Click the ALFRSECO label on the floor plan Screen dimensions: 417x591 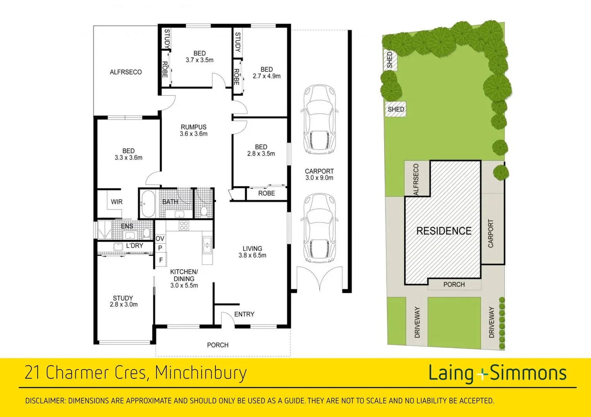click(x=126, y=72)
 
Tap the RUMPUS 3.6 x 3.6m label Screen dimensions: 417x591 click(x=193, y=131)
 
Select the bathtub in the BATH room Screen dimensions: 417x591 click(x=147, y=203)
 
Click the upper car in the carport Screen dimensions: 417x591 click(x=319, y=120)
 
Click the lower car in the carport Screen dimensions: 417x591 click(x=319, y=228)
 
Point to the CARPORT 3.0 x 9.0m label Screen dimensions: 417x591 click(x=319, y=175)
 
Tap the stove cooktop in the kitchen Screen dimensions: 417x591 click(x=184, y=225)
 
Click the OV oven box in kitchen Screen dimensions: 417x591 click(x=160, y=239)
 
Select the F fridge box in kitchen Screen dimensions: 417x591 click(x=161, y=260)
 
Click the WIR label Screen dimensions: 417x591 click(x=116, y=202)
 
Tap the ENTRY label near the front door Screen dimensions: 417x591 click(x=244, y=314)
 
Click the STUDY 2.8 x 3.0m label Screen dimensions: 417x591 click(x=123, y=301)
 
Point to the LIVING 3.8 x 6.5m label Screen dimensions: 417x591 click(x=252, y=252)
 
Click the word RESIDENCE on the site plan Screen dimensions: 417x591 click(x=444, y=231)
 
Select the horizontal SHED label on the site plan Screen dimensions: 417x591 click(x=396, y=109)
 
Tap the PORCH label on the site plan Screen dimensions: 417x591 click(x=454, y=285)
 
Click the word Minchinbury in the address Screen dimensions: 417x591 click(x=200, y=373)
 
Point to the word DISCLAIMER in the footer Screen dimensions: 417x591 click(x=45, y=401)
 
